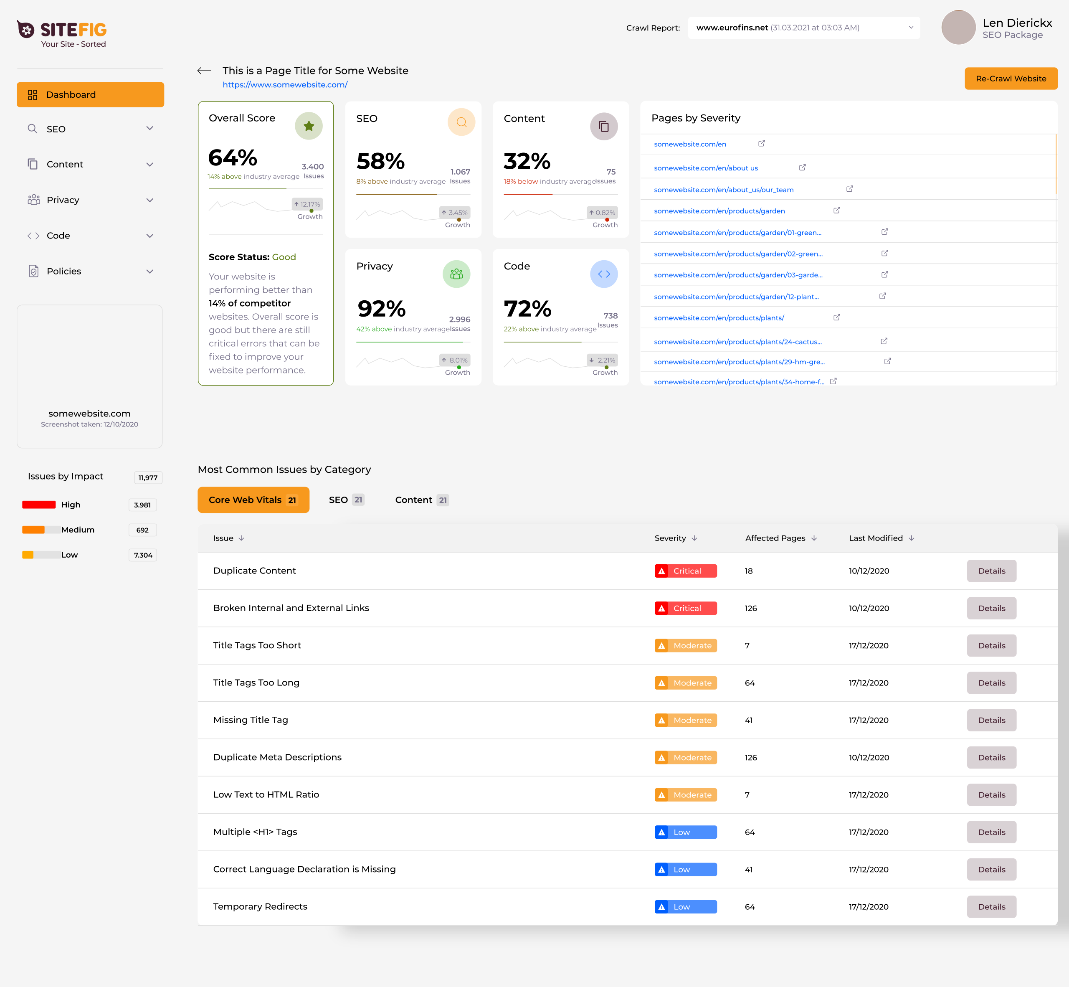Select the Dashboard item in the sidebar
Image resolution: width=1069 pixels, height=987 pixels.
[x=90, y=94]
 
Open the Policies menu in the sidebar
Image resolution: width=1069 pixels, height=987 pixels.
[x=90, y=271]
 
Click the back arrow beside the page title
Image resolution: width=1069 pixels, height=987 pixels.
[x=204, y=71]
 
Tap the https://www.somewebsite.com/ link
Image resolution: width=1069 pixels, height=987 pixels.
[x=285, y=85]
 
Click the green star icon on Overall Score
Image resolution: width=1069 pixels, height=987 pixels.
[x=309, y=126]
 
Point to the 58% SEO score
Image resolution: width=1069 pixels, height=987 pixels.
[x=380, y=161]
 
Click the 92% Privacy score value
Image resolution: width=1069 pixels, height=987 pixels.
[x=381, y=308]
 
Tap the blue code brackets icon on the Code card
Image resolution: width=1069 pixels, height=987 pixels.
[x=603, y=274]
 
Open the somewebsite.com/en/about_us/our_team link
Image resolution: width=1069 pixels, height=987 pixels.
[x=724, y=190]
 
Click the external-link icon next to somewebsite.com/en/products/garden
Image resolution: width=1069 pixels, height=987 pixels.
[x=836, y=211]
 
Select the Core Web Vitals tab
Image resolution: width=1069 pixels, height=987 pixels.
[x=253, y=500]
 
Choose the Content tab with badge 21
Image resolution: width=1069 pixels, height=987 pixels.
[x=421, y=500]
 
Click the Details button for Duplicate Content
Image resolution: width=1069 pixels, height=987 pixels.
[x=991, y=571]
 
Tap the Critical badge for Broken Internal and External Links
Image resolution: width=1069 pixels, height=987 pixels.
[x=686, y=608]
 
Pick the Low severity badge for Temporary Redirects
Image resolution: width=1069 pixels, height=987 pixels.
[x=686, y=907]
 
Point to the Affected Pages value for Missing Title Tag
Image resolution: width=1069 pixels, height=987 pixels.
[x=749, y=721]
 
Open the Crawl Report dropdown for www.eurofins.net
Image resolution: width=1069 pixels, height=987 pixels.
[x=803, y=28]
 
